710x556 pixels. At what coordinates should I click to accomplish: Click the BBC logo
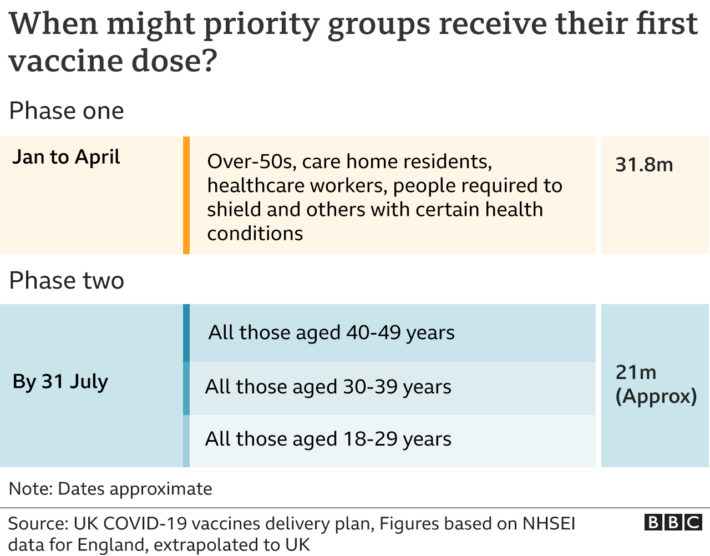click(673, 523)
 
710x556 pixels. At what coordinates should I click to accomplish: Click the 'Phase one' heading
click(67, 111)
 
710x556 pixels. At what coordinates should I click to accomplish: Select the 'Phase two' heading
click(67, 281)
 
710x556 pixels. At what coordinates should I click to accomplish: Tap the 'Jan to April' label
click(66, 158)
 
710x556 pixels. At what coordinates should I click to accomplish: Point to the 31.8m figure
click(644, 165)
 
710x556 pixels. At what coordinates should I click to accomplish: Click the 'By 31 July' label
click(60, 382)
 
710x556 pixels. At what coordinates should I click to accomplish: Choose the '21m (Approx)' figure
click(656, 384)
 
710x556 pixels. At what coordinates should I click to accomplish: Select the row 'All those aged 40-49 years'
click(331, 333)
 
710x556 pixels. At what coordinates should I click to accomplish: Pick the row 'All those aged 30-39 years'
click(328, 387)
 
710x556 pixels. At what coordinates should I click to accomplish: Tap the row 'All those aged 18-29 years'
click(328, 439)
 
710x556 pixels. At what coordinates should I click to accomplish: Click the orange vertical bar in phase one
click(186, 195)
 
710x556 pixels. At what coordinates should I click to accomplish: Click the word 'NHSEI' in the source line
click(549, 524)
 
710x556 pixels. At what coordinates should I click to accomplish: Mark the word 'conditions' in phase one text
click(255, 234)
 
